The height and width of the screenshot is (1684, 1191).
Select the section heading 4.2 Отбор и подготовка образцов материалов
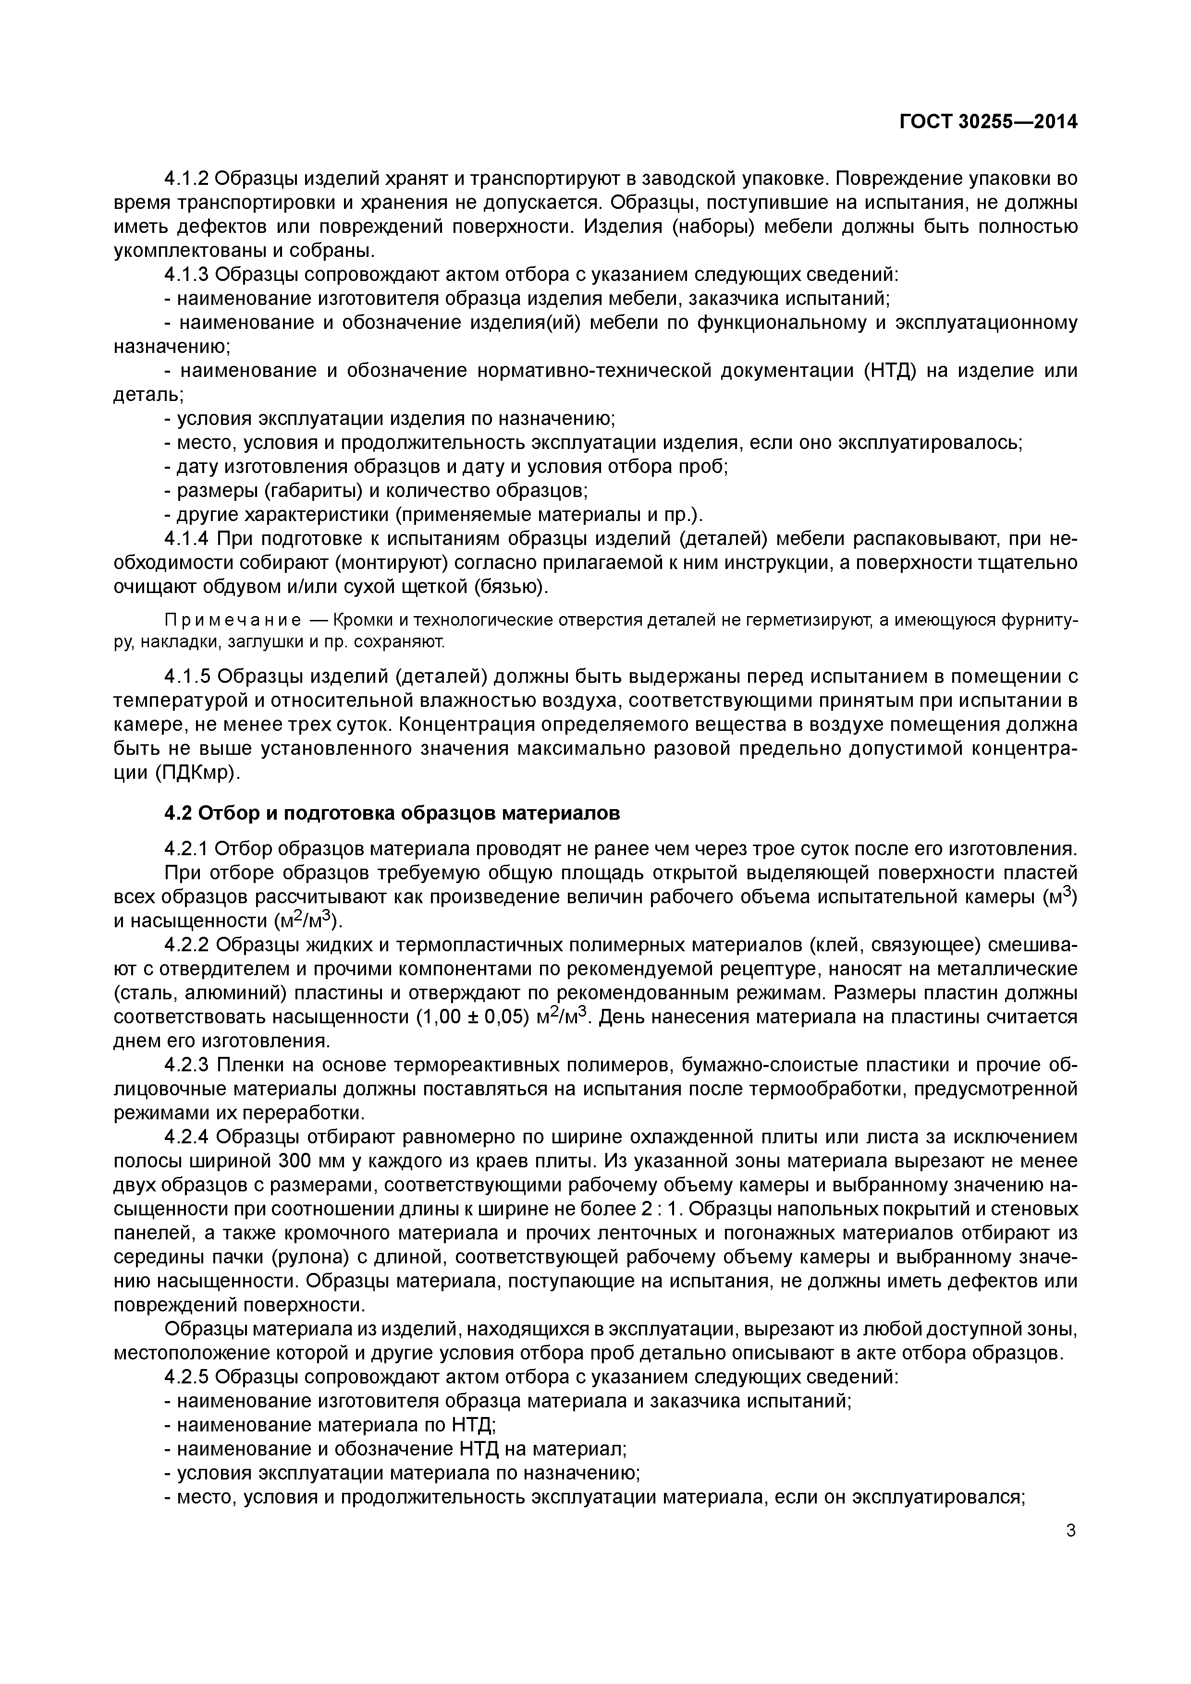[392, 813]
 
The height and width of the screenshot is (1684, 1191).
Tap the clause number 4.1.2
[187, 178]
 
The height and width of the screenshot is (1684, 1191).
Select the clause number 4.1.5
[187, 676]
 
